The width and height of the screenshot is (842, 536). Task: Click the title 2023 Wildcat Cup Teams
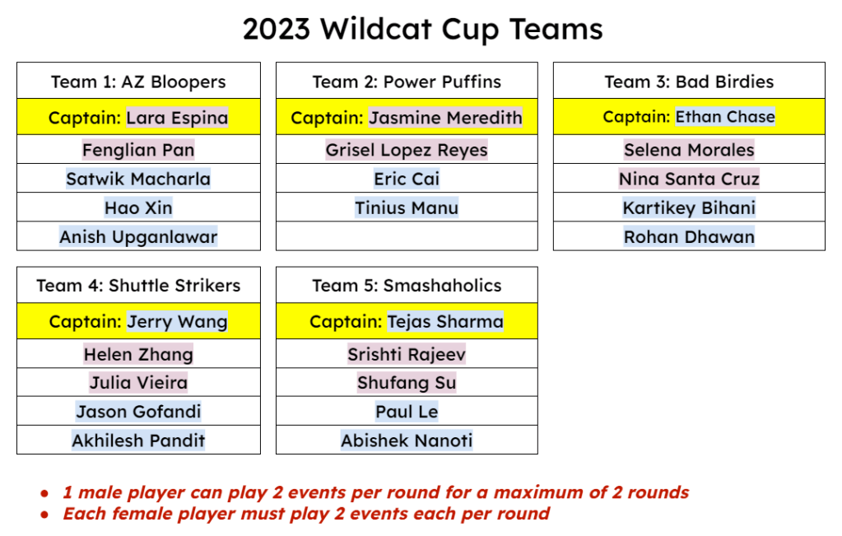coord(422,29)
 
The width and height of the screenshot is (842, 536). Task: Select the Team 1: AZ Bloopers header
coord(138,82)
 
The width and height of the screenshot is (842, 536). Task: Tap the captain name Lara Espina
coord(177,118)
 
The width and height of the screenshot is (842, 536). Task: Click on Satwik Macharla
coord(138,179)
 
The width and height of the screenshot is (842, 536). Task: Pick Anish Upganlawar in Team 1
coord(138,237)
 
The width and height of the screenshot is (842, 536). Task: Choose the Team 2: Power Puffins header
coord(407,82)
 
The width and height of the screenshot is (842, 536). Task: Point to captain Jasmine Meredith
coord(446,118)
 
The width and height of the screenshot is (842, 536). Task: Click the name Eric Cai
coord(407,179)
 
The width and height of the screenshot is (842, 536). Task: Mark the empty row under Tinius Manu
coord(407,235)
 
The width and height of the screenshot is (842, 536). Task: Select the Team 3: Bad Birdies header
coord(690,82)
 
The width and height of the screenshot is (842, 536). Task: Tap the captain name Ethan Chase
coord(725,117)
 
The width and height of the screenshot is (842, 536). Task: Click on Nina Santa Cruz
coord(690,179)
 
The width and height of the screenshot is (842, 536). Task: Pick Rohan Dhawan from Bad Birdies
coord(690,237)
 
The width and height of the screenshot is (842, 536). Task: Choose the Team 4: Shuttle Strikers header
coord(138,285)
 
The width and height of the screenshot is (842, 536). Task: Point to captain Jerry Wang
coord(177,322)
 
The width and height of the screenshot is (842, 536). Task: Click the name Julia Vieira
coord(138,382)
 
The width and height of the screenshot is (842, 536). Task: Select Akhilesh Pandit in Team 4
coord(138,440)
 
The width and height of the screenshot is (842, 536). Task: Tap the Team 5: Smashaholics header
coord(407,285)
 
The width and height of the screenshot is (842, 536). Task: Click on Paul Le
coord(407,412)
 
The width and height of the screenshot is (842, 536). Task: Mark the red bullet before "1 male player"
coord(44,493)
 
